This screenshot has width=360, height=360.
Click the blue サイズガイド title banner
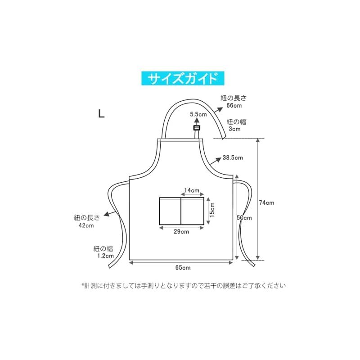(183, 78)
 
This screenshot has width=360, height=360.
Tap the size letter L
(102, 113)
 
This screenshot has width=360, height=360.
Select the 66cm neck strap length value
(234, 106)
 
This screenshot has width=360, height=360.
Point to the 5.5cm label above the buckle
(198, 114)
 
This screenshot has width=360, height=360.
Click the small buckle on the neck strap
(197, 128)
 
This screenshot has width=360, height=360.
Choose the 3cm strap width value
(234, 129)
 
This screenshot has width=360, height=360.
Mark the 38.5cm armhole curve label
(233, 158)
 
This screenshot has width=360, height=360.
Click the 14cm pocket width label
(192, 190)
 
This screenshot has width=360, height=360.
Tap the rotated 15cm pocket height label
(212, 210)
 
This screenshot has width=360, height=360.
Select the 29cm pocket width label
(181, 232)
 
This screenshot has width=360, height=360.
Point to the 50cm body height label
(244, 218)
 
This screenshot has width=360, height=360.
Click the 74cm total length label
(266, 203)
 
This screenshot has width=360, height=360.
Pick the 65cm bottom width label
(183, 268)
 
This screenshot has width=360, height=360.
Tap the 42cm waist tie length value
(86, 225)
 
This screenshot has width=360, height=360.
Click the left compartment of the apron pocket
(170, 211)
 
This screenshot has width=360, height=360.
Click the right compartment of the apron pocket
(193, 211)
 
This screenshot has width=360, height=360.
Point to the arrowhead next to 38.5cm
(218, 159)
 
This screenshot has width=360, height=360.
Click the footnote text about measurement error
(184, 286)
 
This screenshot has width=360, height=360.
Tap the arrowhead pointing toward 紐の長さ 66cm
(220, 109)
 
